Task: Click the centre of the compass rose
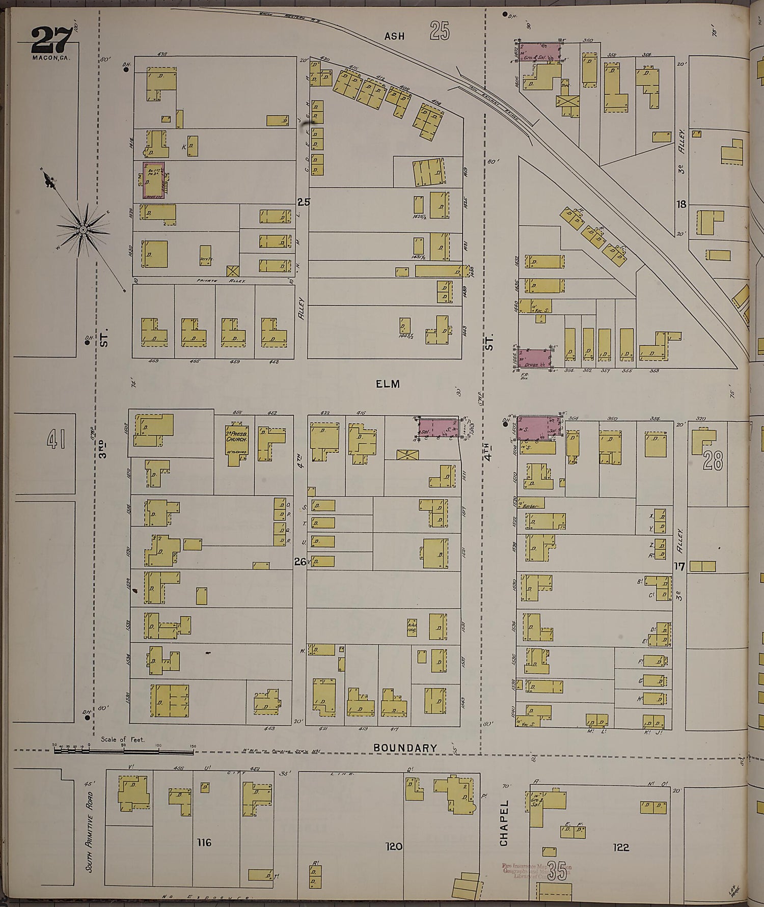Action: click(x=83, y=230)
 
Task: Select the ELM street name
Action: click(x=388, y=384)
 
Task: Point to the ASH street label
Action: click(x=394, y=36)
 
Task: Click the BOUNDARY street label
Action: click(x=405, y=748)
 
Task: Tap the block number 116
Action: click(x=204, y=843)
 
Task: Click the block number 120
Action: click(x=394, y=846)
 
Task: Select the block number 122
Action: click(x=621, y=847)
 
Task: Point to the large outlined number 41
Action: click(x=56, y=439)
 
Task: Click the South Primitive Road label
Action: click(x=90, y=828)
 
